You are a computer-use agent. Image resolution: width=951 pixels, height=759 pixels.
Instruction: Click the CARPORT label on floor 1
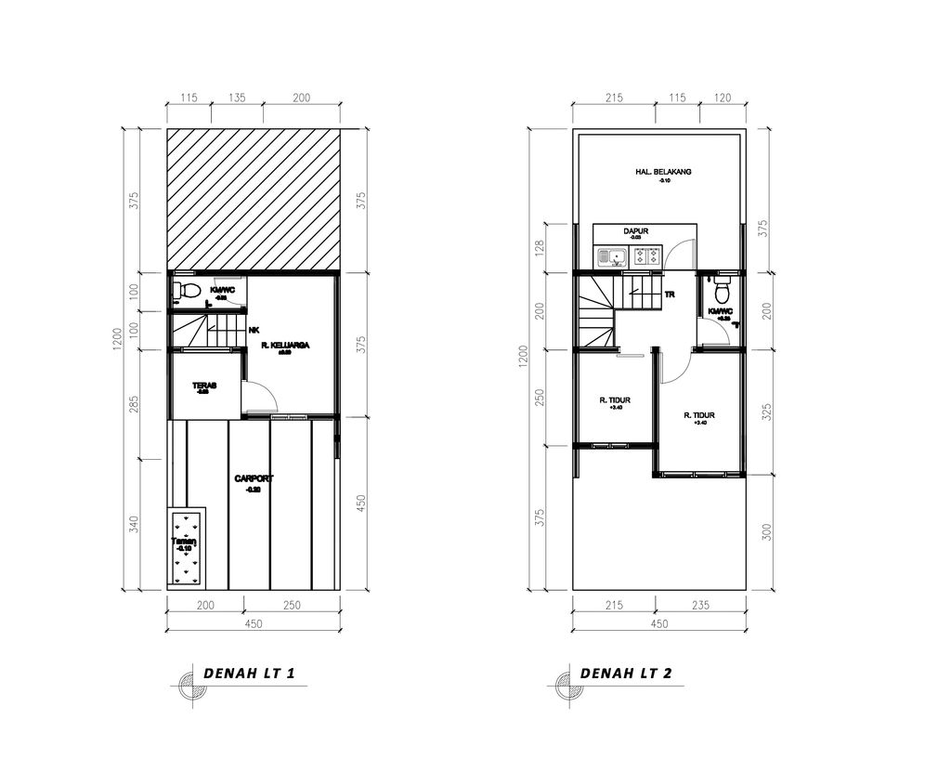coord(254,478)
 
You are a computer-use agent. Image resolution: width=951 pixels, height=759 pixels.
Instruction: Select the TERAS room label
coord(203,386)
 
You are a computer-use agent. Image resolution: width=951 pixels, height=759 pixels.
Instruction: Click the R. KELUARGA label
coord(284,345)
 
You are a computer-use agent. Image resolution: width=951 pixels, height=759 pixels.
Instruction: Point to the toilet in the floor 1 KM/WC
coord(186,292)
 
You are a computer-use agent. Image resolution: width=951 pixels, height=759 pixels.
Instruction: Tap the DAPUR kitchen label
coord(635,231)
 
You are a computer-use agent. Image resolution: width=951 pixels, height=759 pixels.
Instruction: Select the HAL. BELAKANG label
coord(663,172)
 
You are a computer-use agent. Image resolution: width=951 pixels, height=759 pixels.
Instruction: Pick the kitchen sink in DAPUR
coord(614,255)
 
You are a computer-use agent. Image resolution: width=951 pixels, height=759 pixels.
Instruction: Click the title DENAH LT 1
coord(248,674)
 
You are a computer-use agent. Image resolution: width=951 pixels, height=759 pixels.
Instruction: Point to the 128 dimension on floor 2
coord(539,247)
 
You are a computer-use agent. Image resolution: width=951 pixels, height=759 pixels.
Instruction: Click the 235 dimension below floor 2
coord(699,605)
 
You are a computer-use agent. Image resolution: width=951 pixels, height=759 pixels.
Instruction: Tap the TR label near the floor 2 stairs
coord(669,294)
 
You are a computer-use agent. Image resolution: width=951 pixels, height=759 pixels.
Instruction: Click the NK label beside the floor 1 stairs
coord(254,330)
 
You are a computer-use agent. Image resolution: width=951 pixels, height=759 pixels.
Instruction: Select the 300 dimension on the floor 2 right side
coord(766,531)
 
